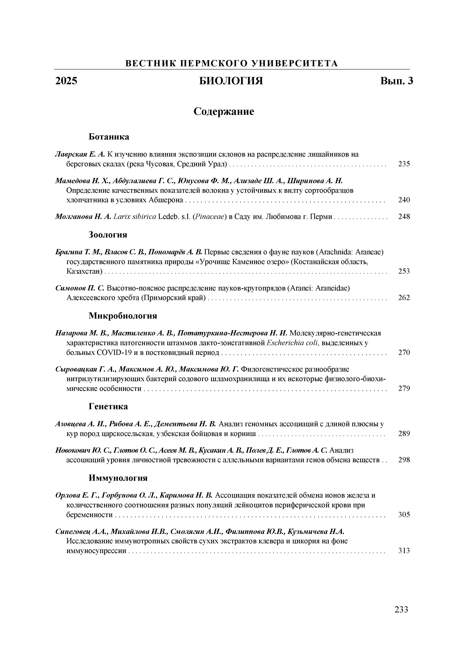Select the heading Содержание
coord(224,111)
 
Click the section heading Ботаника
coord(109,137)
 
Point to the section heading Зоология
coord(108,235)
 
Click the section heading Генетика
coord(108,406)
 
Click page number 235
coord(404,164)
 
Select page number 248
coord(404,217)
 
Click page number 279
coord(404,388)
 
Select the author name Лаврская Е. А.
coord(80,155)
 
